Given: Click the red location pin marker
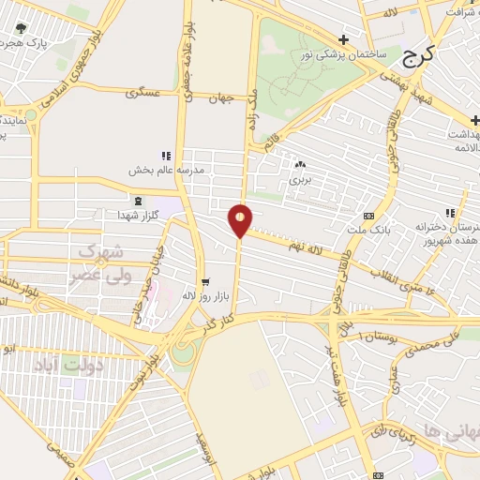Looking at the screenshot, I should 241,219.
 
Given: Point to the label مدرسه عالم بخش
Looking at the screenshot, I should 165,171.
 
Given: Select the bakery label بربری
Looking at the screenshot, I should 299,178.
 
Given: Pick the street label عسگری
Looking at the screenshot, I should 150,94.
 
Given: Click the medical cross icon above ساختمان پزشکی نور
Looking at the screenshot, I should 344,39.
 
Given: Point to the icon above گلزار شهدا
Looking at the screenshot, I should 139,202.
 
